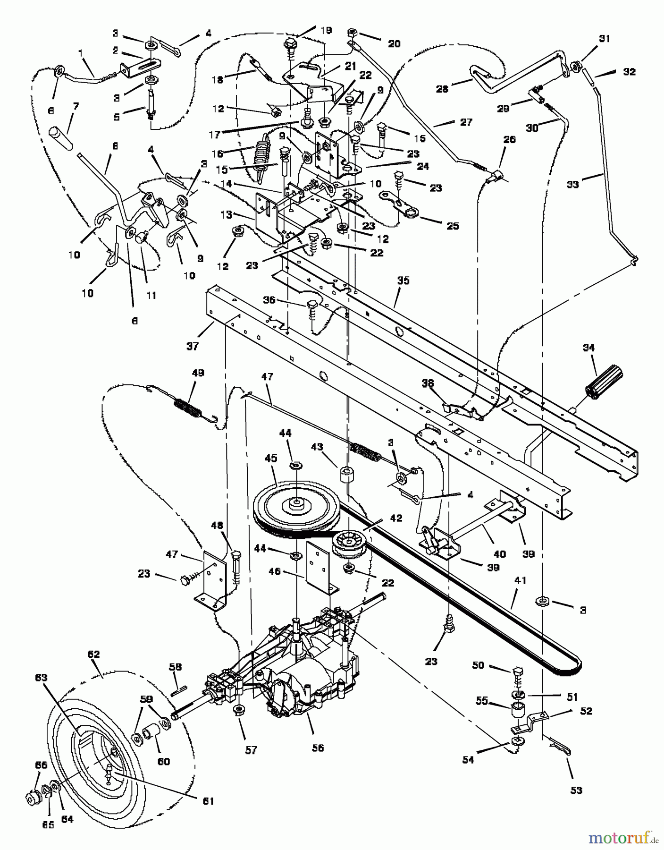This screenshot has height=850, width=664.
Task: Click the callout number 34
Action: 601,348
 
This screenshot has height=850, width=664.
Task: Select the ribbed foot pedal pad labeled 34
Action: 605,383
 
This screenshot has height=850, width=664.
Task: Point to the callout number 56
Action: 318,748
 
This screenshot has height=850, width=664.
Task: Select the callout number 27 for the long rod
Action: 466,122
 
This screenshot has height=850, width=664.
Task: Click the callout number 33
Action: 572,184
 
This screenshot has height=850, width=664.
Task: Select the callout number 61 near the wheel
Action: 208,801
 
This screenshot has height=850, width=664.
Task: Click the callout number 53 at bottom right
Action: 576,790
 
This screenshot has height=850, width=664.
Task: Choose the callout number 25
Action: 452,226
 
